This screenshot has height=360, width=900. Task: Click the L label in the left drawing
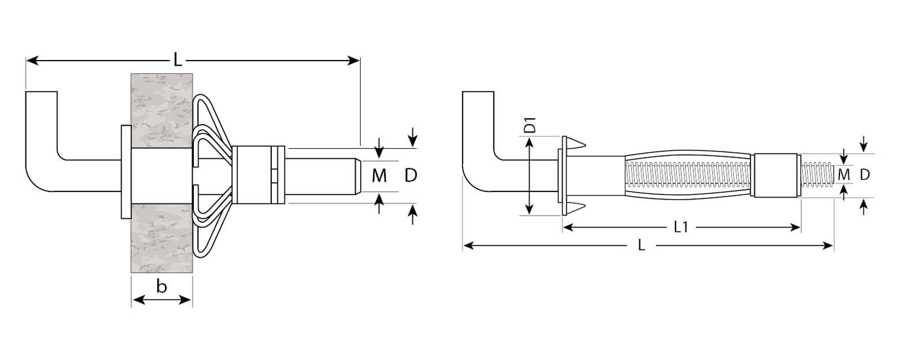pyautogui.click(x=178, y=60)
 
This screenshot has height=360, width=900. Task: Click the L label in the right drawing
pyautogui.click(x=642, y=246)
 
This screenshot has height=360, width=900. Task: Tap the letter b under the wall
pyautogui.click(x=162, y=287)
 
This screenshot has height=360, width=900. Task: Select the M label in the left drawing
pyautogui.click(x=379, y=176)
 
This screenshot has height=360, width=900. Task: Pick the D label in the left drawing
pyautogui.click(x=411, y=175)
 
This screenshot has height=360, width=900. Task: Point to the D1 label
pyautogui.click(x=530, y=126)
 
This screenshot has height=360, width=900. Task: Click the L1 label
pyautogui.click(x=681, y=227)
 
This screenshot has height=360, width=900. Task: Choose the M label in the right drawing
pyautogui.click(x=844, y=174)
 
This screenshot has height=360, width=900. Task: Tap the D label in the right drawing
pyautogui.click(x=865, y=174)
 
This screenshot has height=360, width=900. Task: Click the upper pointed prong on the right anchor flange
pyautogui.click(x=577, y=143)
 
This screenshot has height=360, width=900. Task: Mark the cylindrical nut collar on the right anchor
pyautogui.click(x=775, y=175)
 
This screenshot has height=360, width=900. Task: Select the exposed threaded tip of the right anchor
pyautogui.click(x=817, y=175)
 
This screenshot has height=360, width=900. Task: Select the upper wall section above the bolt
pyautogui.click(x=162, y=110)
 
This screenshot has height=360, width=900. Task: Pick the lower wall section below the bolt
pyautogui.click(x=162, y=237)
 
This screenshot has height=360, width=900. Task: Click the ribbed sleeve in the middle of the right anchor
pyautogui.click(x=689, y=175)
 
